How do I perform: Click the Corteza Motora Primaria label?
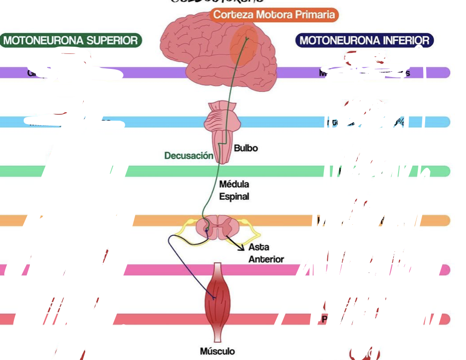click(x=274, y=14)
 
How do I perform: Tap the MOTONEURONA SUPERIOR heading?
click(x=71, y=40)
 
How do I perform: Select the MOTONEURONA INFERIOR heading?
click(x=364, y=40)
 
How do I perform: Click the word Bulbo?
click(x=246, y=148)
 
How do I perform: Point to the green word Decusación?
click(x=189, y=155)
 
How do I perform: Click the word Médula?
click(x=234, y=184)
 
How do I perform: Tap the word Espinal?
click(x=234, y=196)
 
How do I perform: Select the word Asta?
click(x=259, y=247)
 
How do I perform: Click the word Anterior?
click(x=266, y=259)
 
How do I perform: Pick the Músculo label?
click(x=218, y=351)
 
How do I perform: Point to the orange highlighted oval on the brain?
click(x=245, y=47)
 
